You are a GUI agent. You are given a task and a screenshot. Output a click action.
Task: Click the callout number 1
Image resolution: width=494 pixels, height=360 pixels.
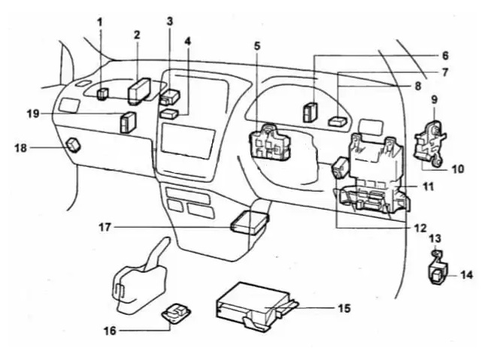(100, 23)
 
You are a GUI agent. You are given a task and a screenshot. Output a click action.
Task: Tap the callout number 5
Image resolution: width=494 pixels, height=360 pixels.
(257, 46)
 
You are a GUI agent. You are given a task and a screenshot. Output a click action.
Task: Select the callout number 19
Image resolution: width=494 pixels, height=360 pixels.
(33, 113)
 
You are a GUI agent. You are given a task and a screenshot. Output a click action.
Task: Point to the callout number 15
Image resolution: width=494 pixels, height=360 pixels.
(345, 308)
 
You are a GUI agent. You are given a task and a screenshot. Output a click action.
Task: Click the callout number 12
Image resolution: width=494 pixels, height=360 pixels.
(420, 228)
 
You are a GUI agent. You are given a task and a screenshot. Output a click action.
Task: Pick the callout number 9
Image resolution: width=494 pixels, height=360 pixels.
(435, 100)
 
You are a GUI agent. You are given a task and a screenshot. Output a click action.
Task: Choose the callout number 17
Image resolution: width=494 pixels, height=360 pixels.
(105, 227)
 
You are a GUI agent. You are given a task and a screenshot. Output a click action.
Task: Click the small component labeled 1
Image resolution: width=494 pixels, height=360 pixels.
(102, 94)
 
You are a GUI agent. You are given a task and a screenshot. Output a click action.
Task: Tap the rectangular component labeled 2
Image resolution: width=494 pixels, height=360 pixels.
(139, 92)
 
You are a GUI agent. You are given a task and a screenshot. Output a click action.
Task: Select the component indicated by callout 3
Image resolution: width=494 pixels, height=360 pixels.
(170, 97)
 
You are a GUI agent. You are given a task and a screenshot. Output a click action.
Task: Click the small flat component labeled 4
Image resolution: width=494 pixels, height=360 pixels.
(169, 113)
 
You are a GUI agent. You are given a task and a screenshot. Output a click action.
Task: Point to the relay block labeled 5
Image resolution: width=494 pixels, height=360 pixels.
(270, 142)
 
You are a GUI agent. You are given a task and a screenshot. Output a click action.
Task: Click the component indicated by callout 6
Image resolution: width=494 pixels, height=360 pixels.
(310, 112)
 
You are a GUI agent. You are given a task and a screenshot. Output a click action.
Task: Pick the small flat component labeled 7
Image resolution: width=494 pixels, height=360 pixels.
(338, 121)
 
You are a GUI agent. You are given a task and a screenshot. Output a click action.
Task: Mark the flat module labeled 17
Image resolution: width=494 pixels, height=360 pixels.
(250, 222)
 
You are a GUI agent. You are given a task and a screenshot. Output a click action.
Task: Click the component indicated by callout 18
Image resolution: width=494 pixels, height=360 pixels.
(74, 145)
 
